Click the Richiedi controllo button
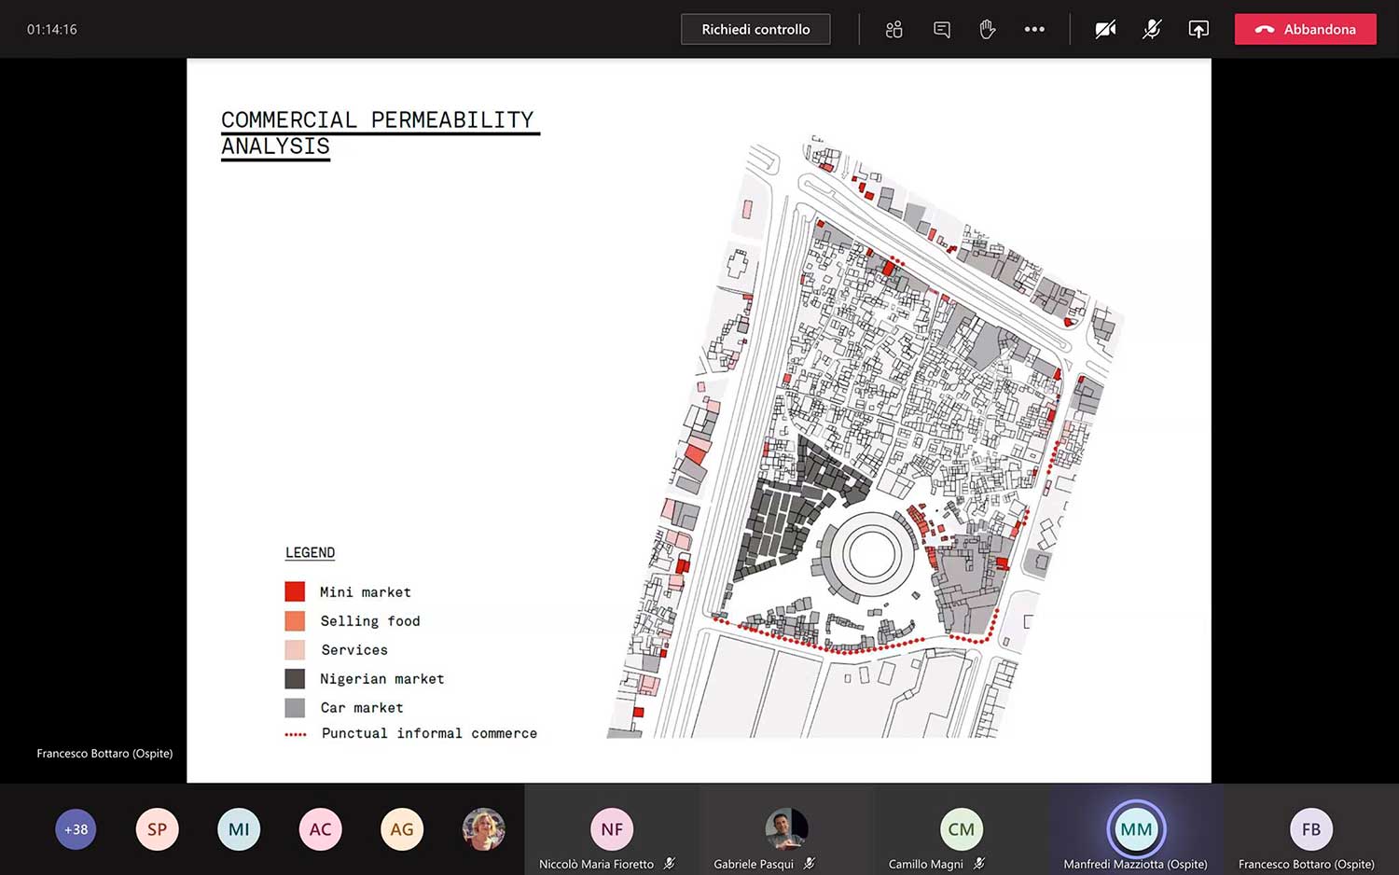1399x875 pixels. click(755, 30)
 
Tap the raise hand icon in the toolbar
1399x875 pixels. click(988, 30)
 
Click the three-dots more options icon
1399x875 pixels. click(1034, 30)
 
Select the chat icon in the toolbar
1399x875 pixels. click(942, 30)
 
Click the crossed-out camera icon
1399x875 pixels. click(1105, 30)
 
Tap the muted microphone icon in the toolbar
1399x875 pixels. click(1152, 30)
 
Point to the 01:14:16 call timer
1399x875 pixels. click(52, 30)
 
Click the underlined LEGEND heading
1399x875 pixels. click(310, 552)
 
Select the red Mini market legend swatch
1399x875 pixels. click(295, 591)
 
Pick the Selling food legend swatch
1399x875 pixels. click(295, 621)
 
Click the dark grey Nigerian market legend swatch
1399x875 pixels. click(295, 679)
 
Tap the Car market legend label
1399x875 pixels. click(362, 708)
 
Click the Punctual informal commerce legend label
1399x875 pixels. click(429, 733)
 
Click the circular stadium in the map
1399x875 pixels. click(869, 554)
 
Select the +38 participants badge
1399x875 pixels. click(76, 829)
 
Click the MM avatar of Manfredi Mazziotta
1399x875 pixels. click(1135, 829)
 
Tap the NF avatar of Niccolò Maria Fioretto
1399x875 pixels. click(612, 829)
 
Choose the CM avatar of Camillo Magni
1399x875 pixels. click(961, 829)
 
